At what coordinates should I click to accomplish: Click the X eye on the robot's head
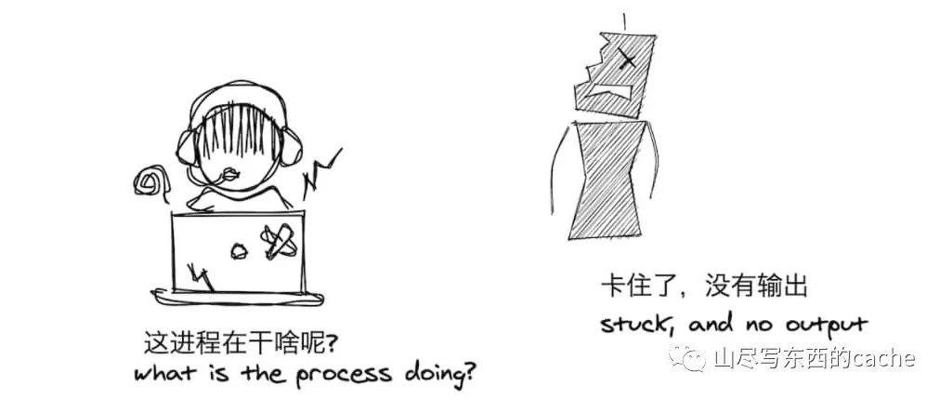(x=626, y=59)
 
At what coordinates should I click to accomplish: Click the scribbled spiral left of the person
(x=148, y=180)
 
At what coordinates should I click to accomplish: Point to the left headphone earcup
(x=188, y=148)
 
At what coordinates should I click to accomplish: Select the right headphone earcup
(x=292, y=147)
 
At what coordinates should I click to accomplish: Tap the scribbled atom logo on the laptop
(x=278, y=241)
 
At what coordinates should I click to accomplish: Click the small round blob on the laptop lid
(x=239, y=251)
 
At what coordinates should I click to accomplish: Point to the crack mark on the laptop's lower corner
(x=201, y=275)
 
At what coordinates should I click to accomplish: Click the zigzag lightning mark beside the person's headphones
(x=321, y=174)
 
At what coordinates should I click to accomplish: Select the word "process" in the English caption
(x=343, y=374)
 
